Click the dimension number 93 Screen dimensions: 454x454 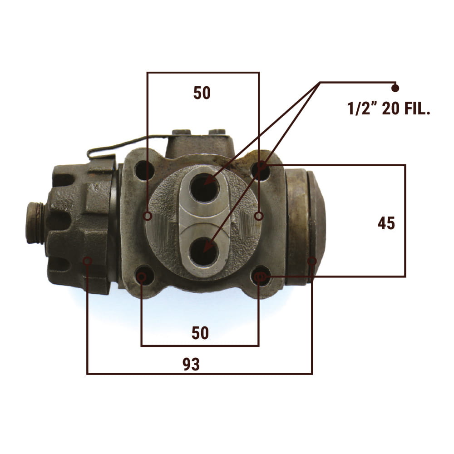coord(191,364)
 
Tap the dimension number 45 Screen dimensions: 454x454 coord(386,223)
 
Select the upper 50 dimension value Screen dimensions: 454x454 coord(202,93)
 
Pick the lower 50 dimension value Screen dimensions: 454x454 coord(200,333)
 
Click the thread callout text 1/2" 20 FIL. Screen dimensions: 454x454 coord(389,109)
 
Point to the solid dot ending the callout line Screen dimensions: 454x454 coord(395,88)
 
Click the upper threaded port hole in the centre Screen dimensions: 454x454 coord(204,188)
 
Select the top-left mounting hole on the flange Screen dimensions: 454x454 coord(144,169)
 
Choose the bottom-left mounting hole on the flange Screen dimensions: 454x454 coord(144,277)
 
